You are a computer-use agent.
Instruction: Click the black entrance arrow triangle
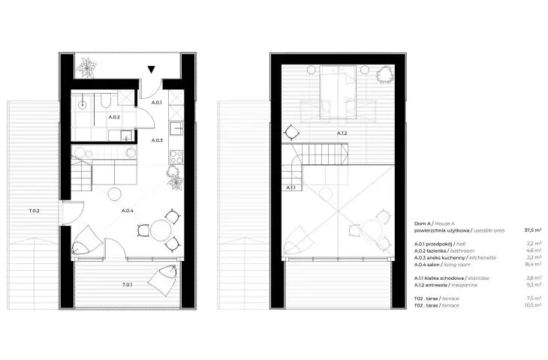[x=151, y=70]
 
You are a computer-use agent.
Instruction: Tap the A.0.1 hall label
[x=157, y=103]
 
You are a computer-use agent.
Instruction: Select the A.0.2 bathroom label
[x=114, y=117]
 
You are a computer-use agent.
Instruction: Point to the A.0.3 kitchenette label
[x=157, y=140]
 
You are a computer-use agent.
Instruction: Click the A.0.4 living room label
[x=127, y=211]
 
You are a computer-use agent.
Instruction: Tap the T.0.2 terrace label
[x=34, y=211]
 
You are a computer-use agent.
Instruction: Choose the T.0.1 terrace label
[x=127, y=284]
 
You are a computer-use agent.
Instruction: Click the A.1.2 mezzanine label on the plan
[x=342, y=133]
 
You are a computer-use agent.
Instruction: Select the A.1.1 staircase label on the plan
[x=291, y=187]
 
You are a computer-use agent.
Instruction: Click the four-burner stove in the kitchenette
[x=176, y=157]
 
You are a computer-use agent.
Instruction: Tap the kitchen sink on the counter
[x=176, y=128]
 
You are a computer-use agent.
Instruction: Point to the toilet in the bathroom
[x=105, y=100]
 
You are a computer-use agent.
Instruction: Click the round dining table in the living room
[x=161, y=230]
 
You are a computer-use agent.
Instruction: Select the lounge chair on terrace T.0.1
[x=162, y=280]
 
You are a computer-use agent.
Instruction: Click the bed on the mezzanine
[x=338, y=91]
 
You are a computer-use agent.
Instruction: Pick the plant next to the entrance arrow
[x=86, y=67]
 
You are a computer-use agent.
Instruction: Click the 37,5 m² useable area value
[x=533, y=230]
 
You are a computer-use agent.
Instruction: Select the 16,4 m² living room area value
[x=533, y=264]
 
